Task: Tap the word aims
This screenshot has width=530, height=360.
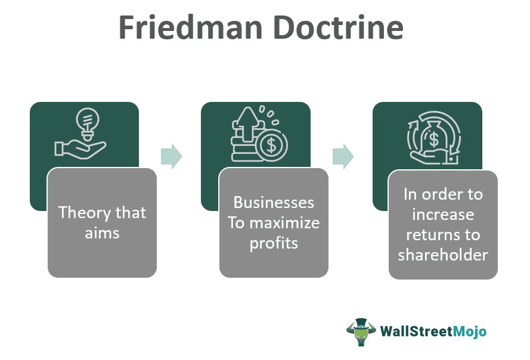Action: coord(102,232)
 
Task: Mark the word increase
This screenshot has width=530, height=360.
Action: coord(443,214)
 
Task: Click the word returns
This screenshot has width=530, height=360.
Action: coord(443,234)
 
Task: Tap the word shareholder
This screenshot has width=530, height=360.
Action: coord(443,255)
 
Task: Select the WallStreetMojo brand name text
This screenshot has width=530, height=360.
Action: coord(429,331)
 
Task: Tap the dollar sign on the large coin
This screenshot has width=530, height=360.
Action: coord(272,145)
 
